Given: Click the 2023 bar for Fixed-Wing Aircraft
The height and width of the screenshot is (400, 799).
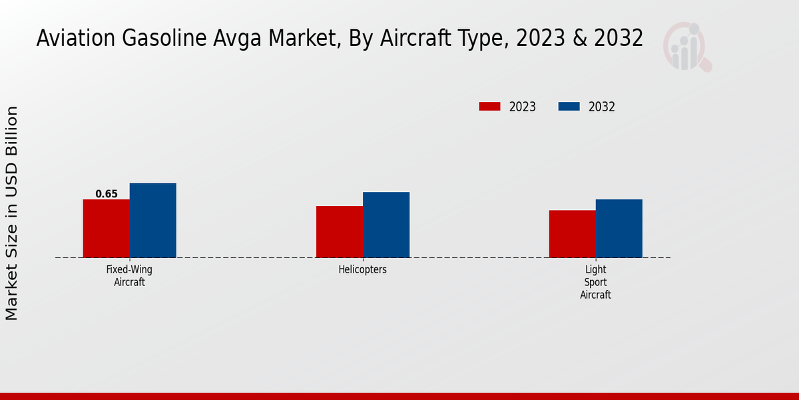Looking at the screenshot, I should click(x=106, y=229).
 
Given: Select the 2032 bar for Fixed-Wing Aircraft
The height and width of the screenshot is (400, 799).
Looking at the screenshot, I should click(x=152, y=221).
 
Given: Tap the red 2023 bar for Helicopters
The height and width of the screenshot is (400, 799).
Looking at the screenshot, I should click(x=339, y=232).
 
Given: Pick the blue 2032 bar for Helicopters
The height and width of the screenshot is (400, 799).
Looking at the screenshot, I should click(x=386, y=225).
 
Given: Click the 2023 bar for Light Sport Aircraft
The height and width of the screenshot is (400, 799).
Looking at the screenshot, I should click(x=572, y=234).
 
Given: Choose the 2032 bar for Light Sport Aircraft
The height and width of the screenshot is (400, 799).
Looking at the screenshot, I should click(x=619, y=229).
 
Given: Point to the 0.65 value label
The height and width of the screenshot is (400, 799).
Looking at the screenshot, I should click(x=107, y=194).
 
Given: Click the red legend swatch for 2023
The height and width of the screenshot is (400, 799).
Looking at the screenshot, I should click(x=489, y=107).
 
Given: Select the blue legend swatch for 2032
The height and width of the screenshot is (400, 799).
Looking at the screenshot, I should click(x=569, y=107).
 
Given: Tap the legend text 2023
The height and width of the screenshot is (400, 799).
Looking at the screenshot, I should click(x=523, y=107).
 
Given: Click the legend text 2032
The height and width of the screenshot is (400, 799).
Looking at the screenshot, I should click(x=602, y=107).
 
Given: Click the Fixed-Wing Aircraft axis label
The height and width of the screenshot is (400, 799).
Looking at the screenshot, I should click(x=129, y=276).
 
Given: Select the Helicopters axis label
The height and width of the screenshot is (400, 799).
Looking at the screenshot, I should click(x=362, y=270).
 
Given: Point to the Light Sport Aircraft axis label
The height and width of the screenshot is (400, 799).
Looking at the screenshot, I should click(x=595, y=282).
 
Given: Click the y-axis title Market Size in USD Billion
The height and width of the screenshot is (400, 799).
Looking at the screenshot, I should click(x=12, y=213).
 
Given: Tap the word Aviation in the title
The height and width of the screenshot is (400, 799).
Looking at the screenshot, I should click(x=74, y=39).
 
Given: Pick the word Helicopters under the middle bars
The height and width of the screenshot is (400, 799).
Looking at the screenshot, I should click(x=362, y=270).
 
